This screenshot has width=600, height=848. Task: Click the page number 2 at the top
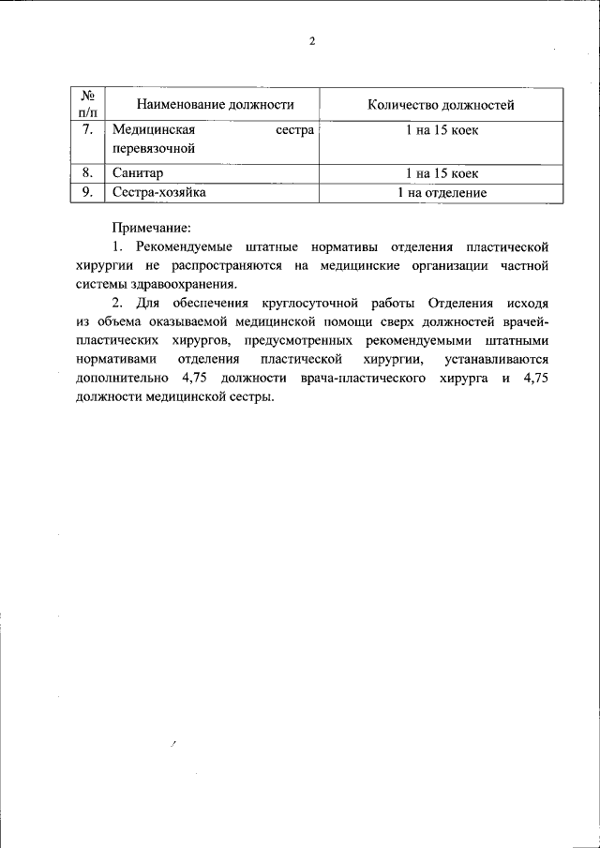tap(312, 40)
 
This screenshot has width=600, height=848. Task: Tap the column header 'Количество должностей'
tap(442, 105)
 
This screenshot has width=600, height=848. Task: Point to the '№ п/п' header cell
tap(86, 105)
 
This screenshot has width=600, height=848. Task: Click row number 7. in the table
tap(86, 130)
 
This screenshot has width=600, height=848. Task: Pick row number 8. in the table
tap(86, 173)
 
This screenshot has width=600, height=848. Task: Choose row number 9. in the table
tap(86, 192)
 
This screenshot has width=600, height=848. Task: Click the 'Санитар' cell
tap(137, 173)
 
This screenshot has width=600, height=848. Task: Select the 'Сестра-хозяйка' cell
tap(158, 192)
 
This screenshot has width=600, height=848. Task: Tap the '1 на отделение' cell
tap(442, 193)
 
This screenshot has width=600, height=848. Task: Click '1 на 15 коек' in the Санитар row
tap(442, 173)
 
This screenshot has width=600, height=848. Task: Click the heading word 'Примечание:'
tap(152, 227)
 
